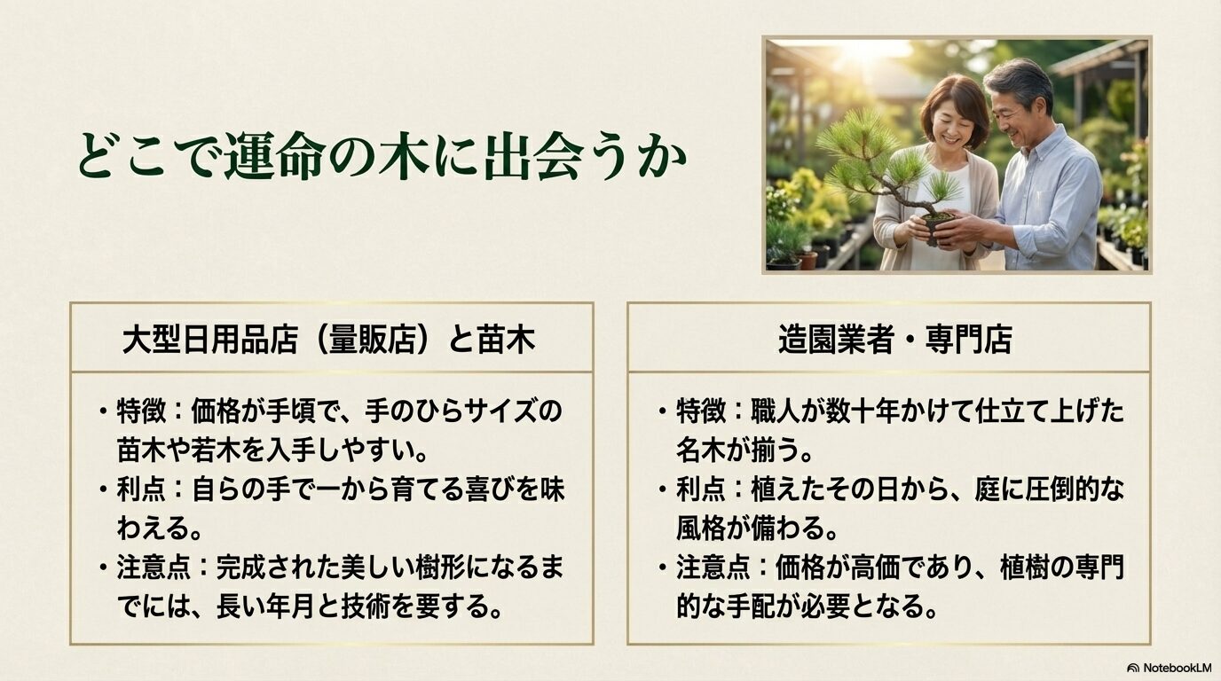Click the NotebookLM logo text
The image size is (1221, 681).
(x=1174, y=667)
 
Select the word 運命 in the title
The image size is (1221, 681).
(x=266, y=157)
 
